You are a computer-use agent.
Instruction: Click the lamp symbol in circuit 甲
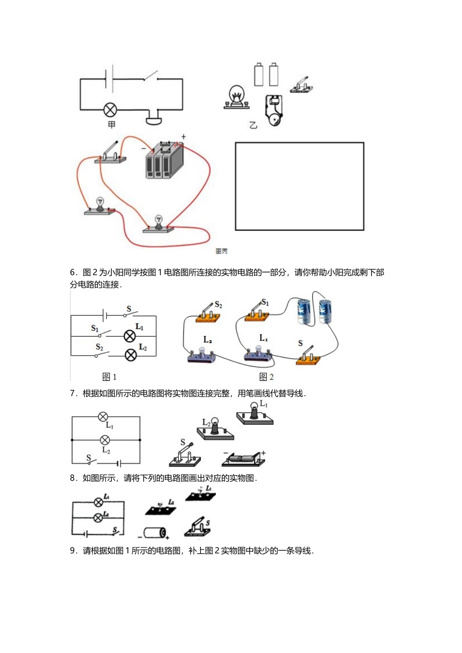click(110, 109)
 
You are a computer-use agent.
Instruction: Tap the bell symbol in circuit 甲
click(154, 118)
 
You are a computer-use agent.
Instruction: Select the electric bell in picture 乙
click(273, 111)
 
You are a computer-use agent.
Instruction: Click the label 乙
click(253, 125)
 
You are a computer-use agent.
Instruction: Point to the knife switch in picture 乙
click(302, 86)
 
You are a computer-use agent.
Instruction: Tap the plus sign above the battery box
click(183, 137)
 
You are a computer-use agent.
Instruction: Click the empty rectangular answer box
click(299, 186)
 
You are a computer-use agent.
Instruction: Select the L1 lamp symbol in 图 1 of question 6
click(129, 336)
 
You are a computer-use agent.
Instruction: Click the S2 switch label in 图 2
click(218, 305)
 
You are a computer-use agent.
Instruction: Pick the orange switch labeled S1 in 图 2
click(256, 312)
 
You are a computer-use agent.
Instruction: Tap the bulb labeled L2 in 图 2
click(201, 354)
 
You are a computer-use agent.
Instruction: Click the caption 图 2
click(266, 377)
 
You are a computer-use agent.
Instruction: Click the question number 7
click(73, 394)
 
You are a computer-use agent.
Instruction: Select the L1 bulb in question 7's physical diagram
click(254, 413)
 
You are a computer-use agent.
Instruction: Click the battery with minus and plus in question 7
click(243, 458)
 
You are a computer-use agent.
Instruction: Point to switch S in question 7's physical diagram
click(185, 456)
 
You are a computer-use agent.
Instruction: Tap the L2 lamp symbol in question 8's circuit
click(98, 518)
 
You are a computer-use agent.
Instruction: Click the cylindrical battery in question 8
click(155, 533)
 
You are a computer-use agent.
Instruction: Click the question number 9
click(73, 550)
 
